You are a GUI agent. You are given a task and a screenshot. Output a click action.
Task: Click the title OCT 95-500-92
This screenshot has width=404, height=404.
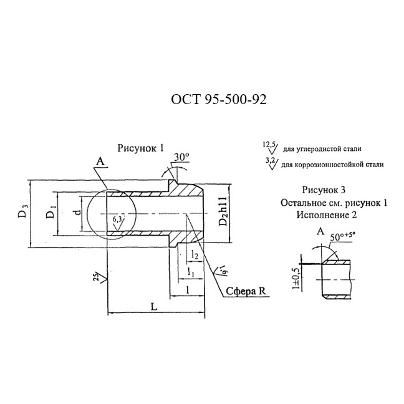pyautogui.click(x=219, y=100)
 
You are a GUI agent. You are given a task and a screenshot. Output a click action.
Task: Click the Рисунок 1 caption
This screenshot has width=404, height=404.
pyautogui.click(x=140, y=148)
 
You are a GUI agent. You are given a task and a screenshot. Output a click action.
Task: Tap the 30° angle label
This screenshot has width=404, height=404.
pyautogui.click(x=181, y=157)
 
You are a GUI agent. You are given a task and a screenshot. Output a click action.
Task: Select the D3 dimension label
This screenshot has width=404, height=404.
pyautogui.click(x=23, y=211)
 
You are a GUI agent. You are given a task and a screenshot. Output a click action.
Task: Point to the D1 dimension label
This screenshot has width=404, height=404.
pyautogui.click(x=51, y=212)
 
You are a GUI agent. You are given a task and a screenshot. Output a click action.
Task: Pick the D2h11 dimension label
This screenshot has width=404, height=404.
pyautogui.click(x=223, y=211)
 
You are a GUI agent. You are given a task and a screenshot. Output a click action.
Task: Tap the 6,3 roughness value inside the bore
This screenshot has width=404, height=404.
pyautogui.click(x=117, y=219)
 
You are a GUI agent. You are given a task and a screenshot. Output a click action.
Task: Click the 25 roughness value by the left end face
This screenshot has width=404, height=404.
pyautogui.click(x=96, y=277)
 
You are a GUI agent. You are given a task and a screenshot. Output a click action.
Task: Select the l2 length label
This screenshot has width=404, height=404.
pyautogui.click(x=195, y=255)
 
